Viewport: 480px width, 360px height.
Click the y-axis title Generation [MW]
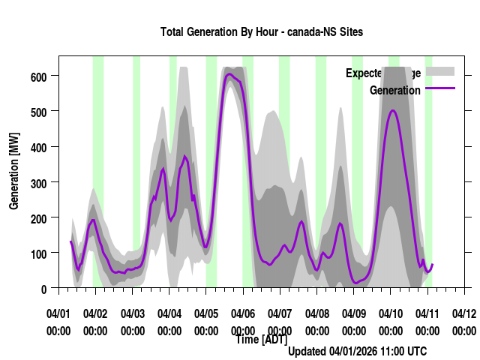tap(14, 172)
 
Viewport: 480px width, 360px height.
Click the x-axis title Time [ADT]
tap(261, 340)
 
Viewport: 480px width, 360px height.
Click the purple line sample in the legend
tap(440, 89)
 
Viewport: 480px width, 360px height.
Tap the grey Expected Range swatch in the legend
tap(440, 72)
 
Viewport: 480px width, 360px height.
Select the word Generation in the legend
tap(395, 91)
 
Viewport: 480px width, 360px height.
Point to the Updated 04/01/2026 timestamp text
tap(358, 351)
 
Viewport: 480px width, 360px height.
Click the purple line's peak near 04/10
tap(393, 111)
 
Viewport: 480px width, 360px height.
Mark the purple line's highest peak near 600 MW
tap(229, 73)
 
